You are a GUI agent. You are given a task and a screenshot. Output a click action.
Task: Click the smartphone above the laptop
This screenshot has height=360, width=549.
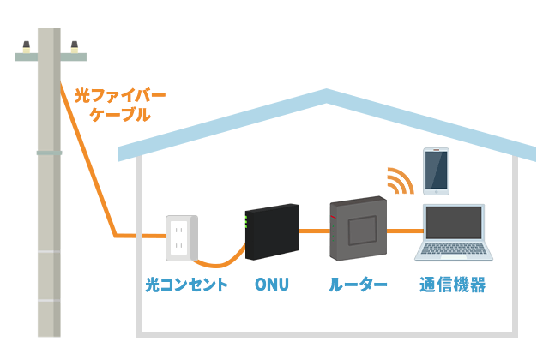(436, 171)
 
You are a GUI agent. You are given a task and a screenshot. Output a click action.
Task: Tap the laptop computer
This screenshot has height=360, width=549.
(454, 233)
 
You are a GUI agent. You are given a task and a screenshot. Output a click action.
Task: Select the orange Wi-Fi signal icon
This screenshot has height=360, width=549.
(398, 180)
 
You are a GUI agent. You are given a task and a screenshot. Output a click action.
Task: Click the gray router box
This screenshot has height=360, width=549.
(358, 229)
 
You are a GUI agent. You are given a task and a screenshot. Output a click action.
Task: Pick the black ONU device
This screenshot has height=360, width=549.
(271, 232)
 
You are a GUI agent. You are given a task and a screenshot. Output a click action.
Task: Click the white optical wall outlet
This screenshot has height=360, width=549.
(181, 238)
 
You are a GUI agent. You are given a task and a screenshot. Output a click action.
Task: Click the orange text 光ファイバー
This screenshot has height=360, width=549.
(120, 94)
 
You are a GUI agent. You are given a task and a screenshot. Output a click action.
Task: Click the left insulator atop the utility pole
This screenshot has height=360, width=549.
(27, 46)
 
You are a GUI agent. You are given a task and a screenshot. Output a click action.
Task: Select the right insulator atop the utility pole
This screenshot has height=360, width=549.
(75, 46)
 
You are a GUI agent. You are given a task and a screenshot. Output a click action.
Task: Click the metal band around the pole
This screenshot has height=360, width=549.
(49, 153)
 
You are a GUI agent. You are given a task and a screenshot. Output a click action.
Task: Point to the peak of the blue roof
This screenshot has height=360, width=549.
(327, 95)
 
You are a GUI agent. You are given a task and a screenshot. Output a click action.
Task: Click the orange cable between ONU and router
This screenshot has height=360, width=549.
(314, 231)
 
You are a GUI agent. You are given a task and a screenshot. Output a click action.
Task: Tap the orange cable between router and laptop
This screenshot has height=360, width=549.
(404, 231)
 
